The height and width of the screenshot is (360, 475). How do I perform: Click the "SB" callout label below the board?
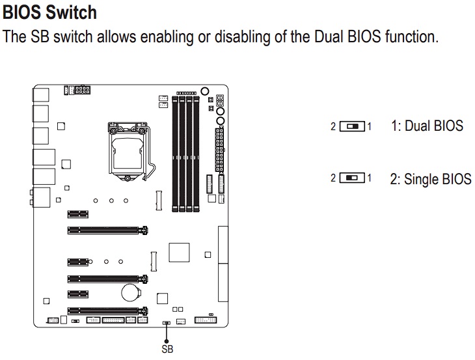tap(167, 350)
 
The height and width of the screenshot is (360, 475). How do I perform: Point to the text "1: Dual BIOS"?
tap(427, 125)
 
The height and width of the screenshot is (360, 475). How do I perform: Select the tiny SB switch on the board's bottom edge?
tap(167, 322)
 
